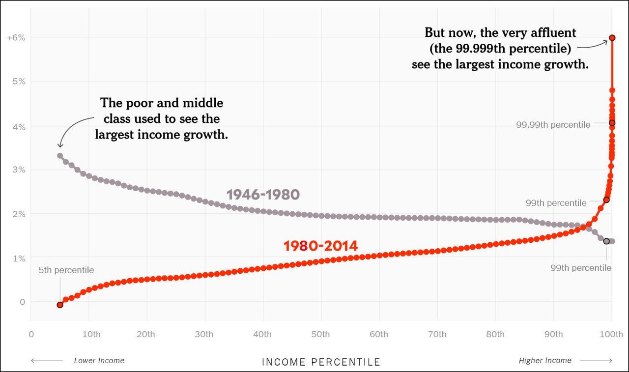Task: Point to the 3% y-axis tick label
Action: pos(19,170)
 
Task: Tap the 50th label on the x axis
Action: pos(320,334)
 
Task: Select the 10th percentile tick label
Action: pos(91,334)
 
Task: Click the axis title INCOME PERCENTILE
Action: pos(321,362)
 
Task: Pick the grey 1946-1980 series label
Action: pos(263,195)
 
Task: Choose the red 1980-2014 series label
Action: pos(320,246)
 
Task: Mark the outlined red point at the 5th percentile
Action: pos(60,305)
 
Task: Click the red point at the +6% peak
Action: pos(612,37)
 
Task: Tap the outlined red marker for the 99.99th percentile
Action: pos(612,123)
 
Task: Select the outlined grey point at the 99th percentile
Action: pos(606,241)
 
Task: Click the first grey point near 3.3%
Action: pos(60,155)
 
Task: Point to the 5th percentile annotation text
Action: pos(66,270)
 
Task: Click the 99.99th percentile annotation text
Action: pos(553,125)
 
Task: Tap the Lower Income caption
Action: pos(99,360)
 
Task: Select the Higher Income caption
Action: pos(545,360)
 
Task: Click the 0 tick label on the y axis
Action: pos(21,301)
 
